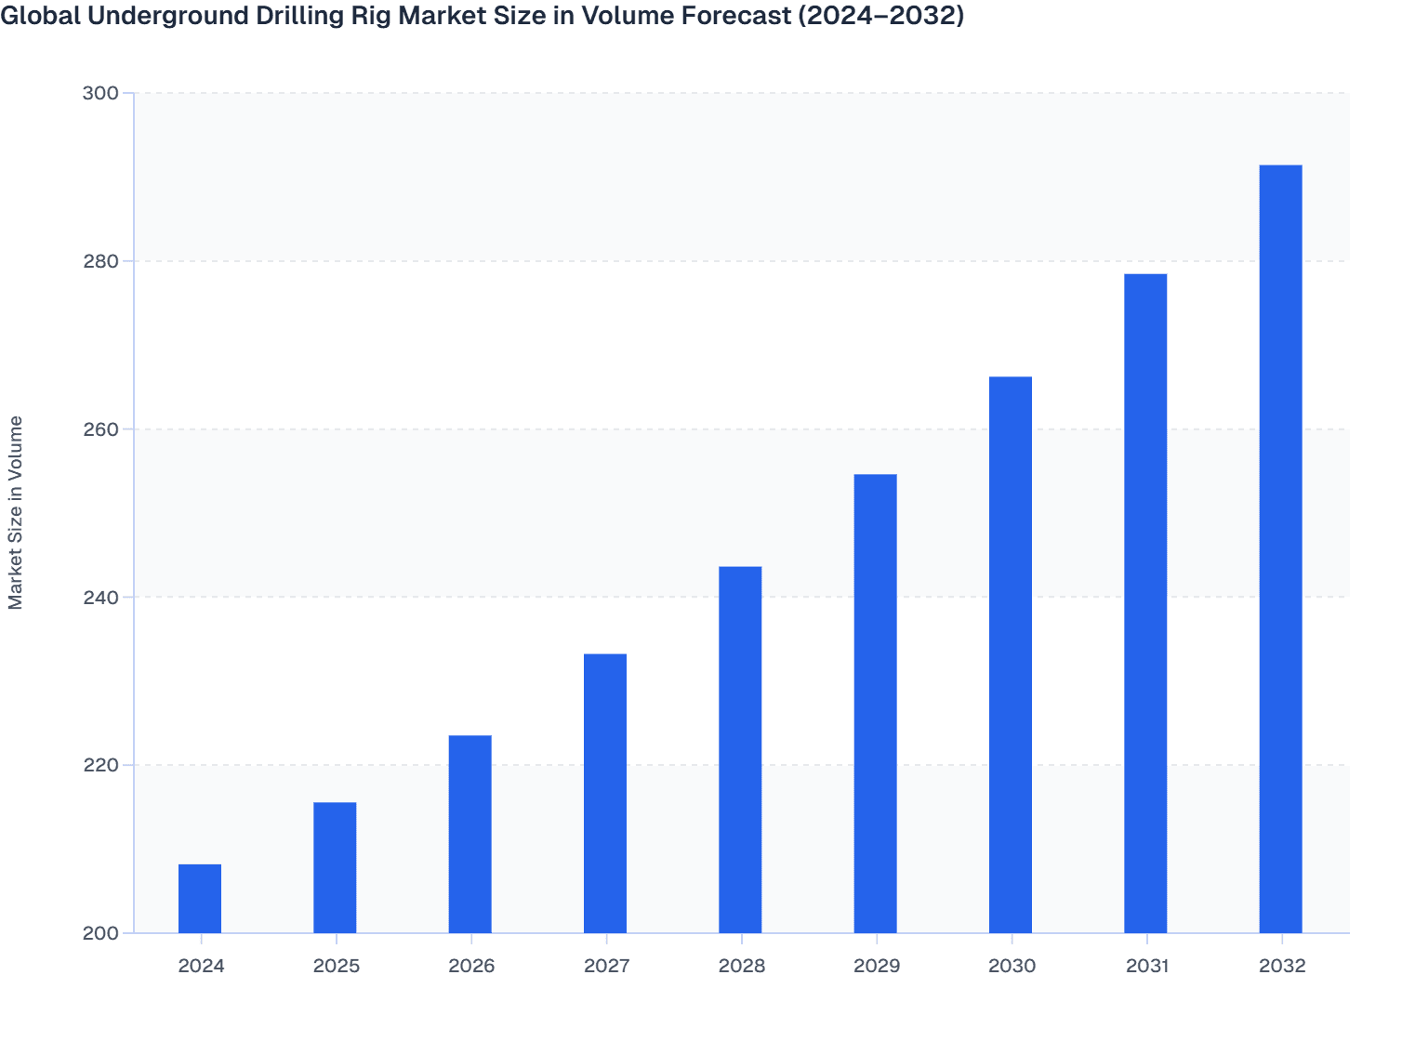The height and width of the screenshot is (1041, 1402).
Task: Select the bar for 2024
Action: point(200,898)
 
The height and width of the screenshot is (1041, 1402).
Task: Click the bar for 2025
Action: point(335,867)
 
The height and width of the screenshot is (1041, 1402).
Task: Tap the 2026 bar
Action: point(470,834)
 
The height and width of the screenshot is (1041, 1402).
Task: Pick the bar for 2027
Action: point(605,793)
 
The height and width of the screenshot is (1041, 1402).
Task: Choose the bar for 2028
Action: point(740,749)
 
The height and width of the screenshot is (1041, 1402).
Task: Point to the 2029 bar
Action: point(875,704)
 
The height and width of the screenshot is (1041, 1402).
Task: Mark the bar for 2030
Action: point(1011,654)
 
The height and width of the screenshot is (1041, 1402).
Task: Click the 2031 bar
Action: point(1145,603)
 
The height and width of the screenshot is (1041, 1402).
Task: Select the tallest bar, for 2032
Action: point(1280,548)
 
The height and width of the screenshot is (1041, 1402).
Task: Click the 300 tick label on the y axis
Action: point(101,93)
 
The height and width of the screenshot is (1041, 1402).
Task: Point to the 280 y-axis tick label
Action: point(101,261)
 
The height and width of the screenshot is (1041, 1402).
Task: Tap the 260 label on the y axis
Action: point(101,429)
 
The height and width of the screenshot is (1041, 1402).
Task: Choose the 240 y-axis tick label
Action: point(101,597)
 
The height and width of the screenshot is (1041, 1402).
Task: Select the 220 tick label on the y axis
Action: point(101,765)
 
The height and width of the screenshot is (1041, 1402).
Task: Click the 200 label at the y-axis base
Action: point(101,933)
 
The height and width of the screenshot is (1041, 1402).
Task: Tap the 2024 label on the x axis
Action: point(201,966)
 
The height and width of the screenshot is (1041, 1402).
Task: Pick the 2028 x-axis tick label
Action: point(741,966)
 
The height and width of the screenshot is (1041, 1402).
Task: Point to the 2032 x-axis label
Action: point(1282,966)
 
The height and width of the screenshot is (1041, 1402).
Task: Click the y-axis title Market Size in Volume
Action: point(16,512)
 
